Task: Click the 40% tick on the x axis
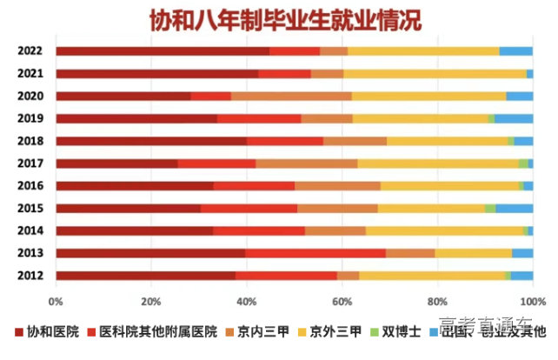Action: [x=247, y=301]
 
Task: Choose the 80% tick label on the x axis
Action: [x=437, y=301]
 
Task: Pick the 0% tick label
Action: [x=56, y=301]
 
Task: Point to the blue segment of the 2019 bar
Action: [x=513, y=118]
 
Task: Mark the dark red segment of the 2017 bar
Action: [x=116, y=163]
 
